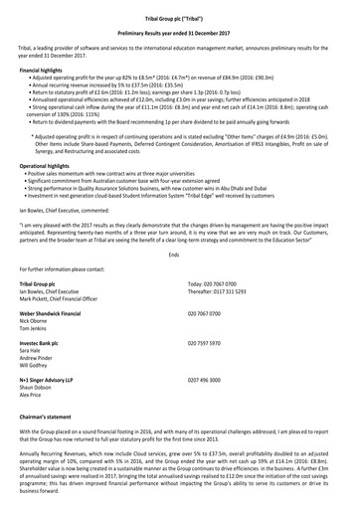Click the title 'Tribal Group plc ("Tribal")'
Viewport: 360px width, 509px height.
coord(179,17)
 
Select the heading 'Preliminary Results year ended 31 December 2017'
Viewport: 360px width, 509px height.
coord(179,32)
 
